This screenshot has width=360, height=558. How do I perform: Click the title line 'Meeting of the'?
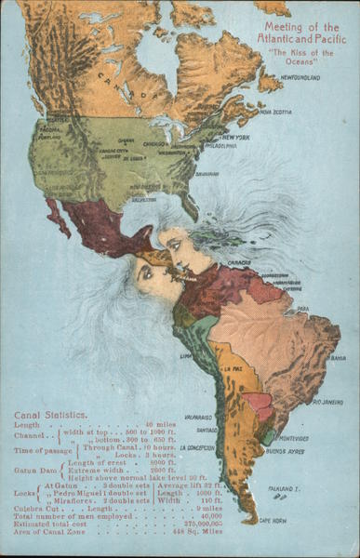301,27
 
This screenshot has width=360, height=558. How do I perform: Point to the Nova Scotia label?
276,112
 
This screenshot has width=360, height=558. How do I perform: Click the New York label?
235,137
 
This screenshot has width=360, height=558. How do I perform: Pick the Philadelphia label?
220,146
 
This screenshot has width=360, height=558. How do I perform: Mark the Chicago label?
154,145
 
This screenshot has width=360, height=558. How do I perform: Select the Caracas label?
240,262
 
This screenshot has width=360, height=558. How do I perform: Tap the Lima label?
185,354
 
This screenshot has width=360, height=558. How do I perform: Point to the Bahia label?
339,358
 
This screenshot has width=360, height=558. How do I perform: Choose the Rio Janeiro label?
327,402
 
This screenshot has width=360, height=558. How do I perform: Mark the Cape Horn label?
272,521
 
